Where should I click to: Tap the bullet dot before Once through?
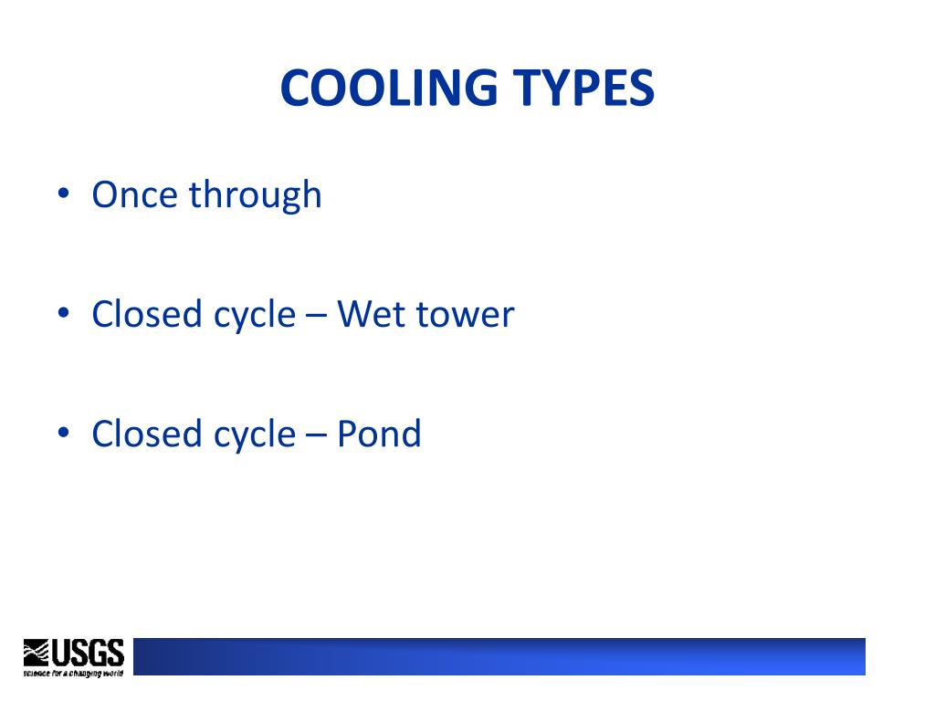click(63, 194)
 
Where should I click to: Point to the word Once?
click(133, 195)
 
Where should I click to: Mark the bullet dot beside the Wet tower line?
click(63, 314)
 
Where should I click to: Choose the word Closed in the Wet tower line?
click(146, 314)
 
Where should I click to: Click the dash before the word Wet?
click(316, 316)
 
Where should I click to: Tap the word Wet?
click(372, 314)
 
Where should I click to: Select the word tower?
click(465, 316)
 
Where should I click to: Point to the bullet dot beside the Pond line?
click(63, 433)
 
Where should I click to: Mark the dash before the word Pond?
click(316, 434)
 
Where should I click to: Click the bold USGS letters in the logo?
click(87, 652)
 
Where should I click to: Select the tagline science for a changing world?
click(73, 672)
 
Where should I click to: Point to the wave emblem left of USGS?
click(37, 652)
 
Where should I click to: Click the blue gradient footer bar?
click(499, 656)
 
